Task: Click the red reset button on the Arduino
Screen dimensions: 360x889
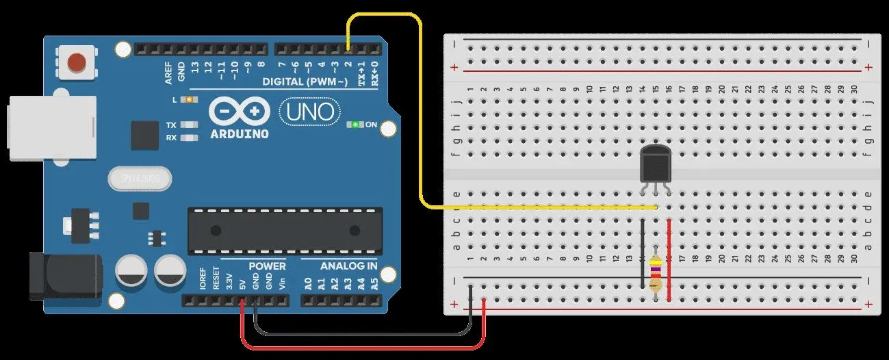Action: [77, 63]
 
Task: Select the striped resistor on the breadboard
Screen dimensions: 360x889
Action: [656, 274]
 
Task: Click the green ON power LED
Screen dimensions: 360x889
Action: [355, 125]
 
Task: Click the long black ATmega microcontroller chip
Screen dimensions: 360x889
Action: [285, 229]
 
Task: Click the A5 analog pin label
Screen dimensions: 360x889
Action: [374, 283]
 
